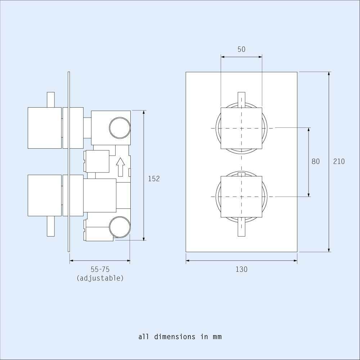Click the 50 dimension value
click(241, 49)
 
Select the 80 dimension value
click(315, 162)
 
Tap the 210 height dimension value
click(339, 162)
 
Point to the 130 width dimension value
click(242, 269)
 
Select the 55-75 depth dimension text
click(100, 269)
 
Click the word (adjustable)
click(100, 278)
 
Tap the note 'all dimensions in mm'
click(180, 337)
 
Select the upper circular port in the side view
click(120, 128)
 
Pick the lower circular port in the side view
click(120, 227)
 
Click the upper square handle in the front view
click(241, 128)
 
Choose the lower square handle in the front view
click(241, 197)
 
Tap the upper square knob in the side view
click(45, 127)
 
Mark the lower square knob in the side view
click(45, 195)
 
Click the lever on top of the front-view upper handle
click(241, 99)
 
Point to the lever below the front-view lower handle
click(241, 227)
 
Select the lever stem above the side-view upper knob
click(51, 99)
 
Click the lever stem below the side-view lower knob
click(51, 226)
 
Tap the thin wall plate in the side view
click(68, 162)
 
